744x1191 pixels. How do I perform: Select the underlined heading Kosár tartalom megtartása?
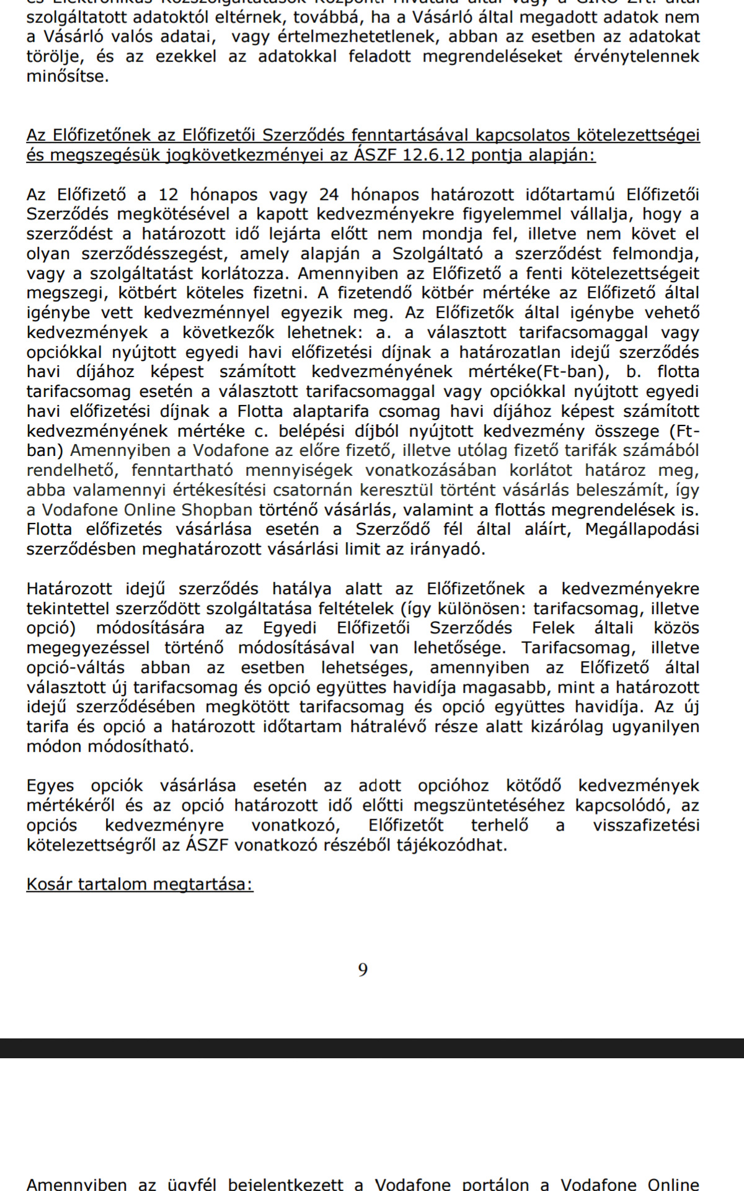click(x=139, y=884)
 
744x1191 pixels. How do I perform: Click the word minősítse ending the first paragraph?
click(x=67, y=77)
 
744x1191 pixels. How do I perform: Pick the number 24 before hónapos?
click(x=330, y=195)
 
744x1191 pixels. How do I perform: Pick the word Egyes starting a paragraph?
click(x=50, y=786)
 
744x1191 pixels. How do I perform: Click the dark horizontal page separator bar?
click(x=372, y=1048)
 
